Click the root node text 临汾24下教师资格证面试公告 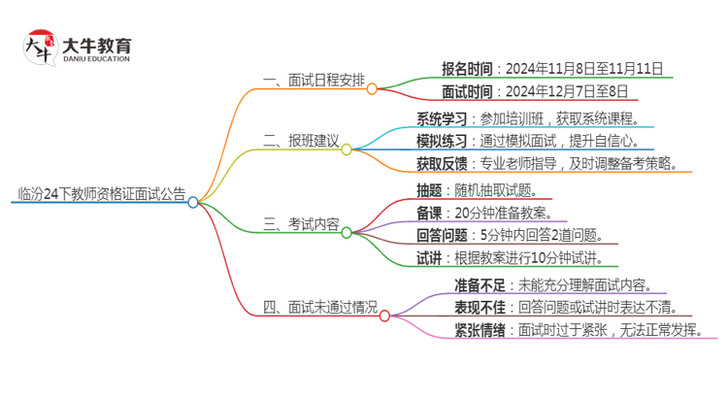point(101,192)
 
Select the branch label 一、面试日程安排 point(314,81)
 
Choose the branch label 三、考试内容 point(301,225)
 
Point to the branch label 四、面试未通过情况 point(320,308)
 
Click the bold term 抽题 point(431,190)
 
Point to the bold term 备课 point(431,213)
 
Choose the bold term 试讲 point(431,257)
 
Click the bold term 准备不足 point(480,285)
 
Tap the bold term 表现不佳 point(480,308)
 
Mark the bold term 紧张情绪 point(480,330)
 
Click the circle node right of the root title point(193,202)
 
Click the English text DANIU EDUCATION point(96,59)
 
